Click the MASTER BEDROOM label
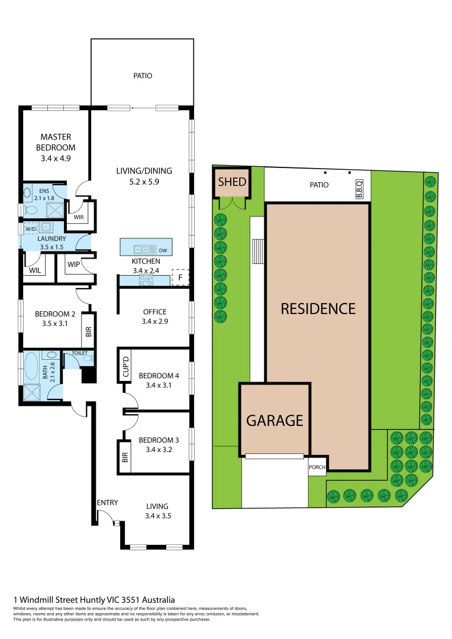coord(56,142)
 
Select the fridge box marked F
coord(180,277)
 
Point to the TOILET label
coord(79,353)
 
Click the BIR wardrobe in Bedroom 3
coord(125,456)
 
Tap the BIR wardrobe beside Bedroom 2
coord(88,332)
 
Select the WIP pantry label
coord(73,264)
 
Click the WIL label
coord(34,272)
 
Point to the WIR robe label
coord(78,217)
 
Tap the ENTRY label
coord(108,503)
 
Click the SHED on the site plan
coord(232,182)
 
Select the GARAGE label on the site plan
coord(275,420)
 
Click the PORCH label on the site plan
coord(317,466)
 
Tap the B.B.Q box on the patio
coord(359,189)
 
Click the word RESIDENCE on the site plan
coord(318,308)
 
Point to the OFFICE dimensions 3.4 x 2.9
coord(154,322)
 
